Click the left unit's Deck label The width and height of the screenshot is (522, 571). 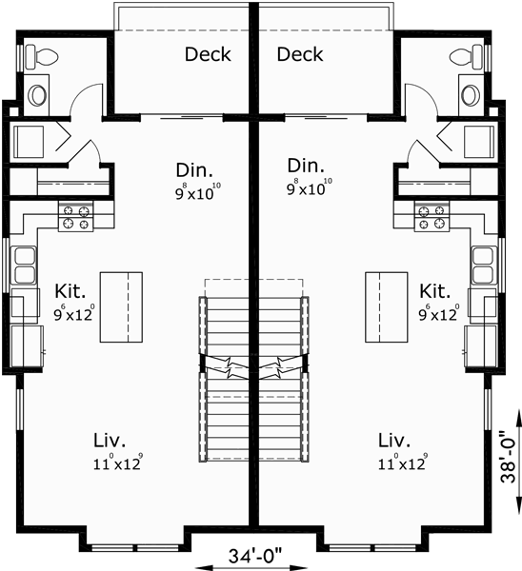[208, 54]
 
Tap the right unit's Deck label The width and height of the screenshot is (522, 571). [300, 54]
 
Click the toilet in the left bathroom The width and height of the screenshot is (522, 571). [33, 56]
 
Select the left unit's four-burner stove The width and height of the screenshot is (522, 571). [76, 217]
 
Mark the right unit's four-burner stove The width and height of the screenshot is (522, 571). [431, 217]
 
